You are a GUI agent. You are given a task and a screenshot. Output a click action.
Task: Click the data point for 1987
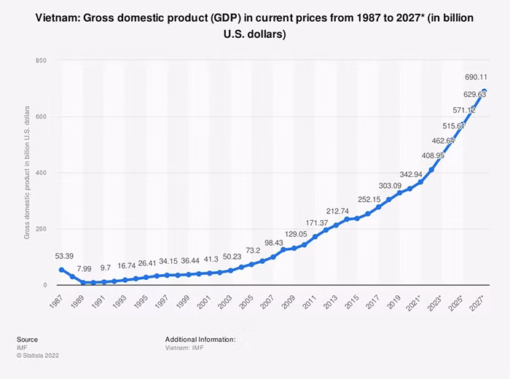coord(61,270)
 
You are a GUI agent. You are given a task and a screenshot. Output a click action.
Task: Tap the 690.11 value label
coord(476,77)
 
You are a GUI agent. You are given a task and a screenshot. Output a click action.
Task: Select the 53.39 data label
coord(64,256)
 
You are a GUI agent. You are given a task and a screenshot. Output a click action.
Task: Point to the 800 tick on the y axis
coord(41,60)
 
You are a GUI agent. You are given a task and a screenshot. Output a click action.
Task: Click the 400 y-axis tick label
coord(41,173)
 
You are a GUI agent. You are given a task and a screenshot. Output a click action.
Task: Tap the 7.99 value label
coord(84,269)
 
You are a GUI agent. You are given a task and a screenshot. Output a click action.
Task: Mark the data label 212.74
coord(337,211)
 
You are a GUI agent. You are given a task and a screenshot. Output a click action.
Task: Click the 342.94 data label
coord(411,174)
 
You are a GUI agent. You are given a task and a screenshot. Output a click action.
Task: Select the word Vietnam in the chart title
coord(57,18)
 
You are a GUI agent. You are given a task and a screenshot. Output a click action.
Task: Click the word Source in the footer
coord(28,340)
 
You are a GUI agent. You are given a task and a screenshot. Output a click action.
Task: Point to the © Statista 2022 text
coord(38,356)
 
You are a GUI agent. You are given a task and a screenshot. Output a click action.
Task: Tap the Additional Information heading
coord(200,340)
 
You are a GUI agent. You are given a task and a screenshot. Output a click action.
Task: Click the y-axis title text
coord(27,173)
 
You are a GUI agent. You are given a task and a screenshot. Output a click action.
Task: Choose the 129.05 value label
coord(296,234)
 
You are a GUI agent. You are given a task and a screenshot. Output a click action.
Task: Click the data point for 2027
coord(484,91)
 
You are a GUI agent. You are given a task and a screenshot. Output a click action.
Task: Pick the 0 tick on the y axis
coord(45,285)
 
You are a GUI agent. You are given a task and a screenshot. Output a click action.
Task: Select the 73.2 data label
coord(253,250)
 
